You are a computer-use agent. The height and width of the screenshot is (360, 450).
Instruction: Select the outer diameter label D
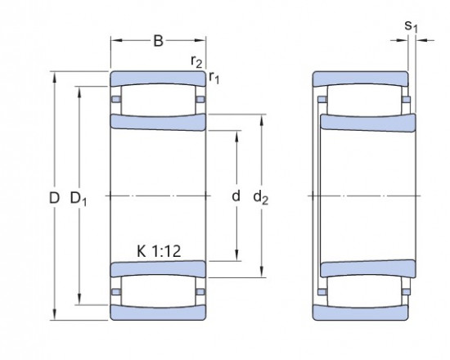[x=54, y=197]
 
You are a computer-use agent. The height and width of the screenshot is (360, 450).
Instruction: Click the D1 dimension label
[x=79, y=198]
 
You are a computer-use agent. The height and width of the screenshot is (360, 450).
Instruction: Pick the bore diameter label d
[x=236, y=196]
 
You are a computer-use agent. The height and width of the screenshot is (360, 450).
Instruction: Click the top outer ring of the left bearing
[x=158, y=79]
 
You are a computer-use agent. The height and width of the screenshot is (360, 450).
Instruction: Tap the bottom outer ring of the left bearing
[x=158, y=313]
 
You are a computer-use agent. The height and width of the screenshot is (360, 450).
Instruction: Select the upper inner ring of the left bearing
[x=158, y=123]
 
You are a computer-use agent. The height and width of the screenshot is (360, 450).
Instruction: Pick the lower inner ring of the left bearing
[x=158, y=269]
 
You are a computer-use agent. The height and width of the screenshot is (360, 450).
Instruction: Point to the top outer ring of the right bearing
[x=361, y=79]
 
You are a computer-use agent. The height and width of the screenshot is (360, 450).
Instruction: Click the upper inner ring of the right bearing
[x=367, y=123]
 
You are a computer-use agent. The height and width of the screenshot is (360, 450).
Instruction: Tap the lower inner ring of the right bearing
[x=367, y=269]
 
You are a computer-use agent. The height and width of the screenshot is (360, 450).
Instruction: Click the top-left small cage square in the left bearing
[x=116, y=100]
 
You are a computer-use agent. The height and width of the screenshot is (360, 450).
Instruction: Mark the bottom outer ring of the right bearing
[x=361, y=313]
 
